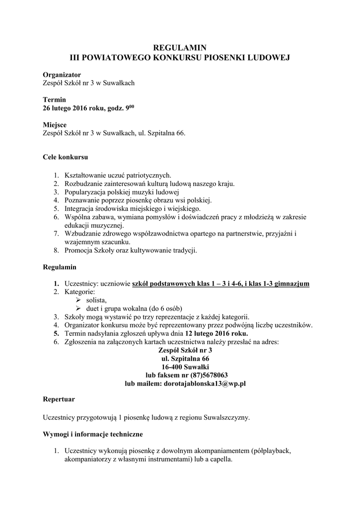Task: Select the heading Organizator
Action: (62, 74)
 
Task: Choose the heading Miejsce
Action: (55, 125)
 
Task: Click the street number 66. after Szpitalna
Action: (181, 133)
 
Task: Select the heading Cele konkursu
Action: (65, 158)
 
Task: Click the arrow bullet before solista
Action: (77, 300)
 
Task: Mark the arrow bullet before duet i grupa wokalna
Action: (77, 309)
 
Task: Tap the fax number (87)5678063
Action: (209, 375)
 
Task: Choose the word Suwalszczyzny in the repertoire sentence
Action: (227, 417)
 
